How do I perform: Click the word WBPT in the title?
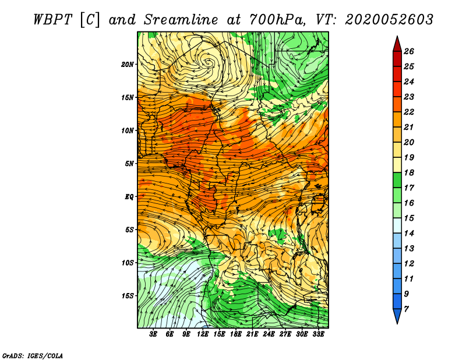pos(53,20)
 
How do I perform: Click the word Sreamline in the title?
pos(181,20)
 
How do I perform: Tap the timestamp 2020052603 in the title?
pos(389,20)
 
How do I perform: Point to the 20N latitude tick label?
pos(128,65)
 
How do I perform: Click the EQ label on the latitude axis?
pos(129,197)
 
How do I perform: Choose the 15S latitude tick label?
pos(128,296)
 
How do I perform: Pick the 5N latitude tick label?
pos(129,164)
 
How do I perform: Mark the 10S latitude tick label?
pos(128,263)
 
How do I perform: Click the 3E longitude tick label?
pos(153,334)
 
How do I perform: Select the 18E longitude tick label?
pos(236,334)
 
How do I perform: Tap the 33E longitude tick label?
pos(318,334)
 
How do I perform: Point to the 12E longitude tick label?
pos(202,334)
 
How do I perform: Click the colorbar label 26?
pos(409,51)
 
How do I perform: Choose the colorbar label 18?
pos(409,172)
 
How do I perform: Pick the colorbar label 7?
pos(406,309)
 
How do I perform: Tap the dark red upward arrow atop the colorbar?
pos(397,45)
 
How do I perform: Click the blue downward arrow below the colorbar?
pos(397,316)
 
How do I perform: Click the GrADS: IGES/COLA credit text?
pos(33,356)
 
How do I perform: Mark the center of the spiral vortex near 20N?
pos(209,62)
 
